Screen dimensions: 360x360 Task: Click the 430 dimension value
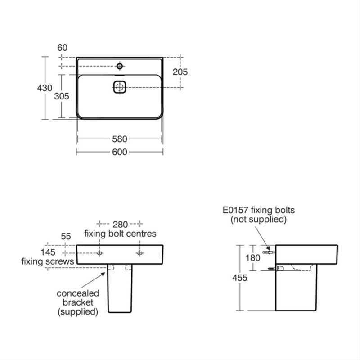tap(45, 88)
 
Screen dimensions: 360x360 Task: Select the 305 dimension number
tap(62, 96)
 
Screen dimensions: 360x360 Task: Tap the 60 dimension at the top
tap(62, 48)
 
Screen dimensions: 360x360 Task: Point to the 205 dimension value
tap(180, 72)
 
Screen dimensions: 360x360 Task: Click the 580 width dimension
tap(120, 139)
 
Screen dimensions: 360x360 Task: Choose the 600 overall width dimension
tap(120, 152)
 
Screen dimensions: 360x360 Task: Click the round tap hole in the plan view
tap(120, 66)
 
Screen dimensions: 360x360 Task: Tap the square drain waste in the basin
tap(120, 87)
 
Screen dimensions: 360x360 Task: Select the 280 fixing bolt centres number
tap(120, 224)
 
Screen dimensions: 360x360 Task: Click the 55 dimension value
tap(66, 237)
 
